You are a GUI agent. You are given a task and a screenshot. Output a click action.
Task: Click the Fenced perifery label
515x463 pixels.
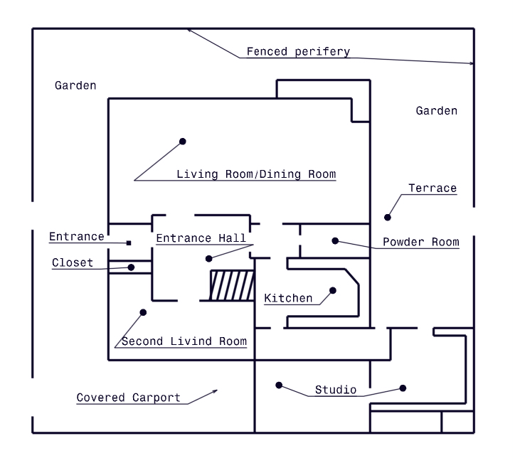(298, 52)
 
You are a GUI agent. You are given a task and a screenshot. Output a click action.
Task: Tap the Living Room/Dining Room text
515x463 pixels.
(256, 174)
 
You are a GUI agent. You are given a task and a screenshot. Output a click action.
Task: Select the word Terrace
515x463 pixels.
(432, 188)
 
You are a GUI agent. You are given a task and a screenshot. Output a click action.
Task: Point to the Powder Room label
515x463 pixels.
(421, 242)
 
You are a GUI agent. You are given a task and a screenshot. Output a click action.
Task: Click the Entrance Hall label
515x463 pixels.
(201, 238)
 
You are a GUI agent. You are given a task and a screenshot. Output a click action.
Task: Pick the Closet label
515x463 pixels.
(73, 263)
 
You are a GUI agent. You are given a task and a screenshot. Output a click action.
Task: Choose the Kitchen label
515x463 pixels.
(288, 298)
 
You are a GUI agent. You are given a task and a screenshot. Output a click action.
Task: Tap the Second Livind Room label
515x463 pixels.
(184, 341)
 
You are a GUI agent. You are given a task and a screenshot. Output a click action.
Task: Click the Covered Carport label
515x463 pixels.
(129, 398)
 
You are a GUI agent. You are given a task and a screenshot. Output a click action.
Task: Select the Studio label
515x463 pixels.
(335, 390)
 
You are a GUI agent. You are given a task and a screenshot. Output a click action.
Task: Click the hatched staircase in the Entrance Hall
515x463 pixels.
(232, 286)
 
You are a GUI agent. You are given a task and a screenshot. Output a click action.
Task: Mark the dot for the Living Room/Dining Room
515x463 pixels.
(182, 142)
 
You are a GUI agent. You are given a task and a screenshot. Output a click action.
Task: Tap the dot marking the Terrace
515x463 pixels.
(388, 217)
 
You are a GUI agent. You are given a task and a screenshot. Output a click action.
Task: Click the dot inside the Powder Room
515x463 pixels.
(334, 241)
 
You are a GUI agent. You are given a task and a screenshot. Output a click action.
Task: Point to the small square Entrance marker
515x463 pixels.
(129, 243)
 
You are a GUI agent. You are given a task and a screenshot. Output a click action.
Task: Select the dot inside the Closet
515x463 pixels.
(131, 267)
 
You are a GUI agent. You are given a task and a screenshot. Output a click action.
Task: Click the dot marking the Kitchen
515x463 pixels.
(331, 290)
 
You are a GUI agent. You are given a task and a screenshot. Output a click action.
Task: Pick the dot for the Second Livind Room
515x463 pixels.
(143, 312)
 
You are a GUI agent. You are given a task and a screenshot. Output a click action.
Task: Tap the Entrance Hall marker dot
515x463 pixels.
(208, 258)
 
